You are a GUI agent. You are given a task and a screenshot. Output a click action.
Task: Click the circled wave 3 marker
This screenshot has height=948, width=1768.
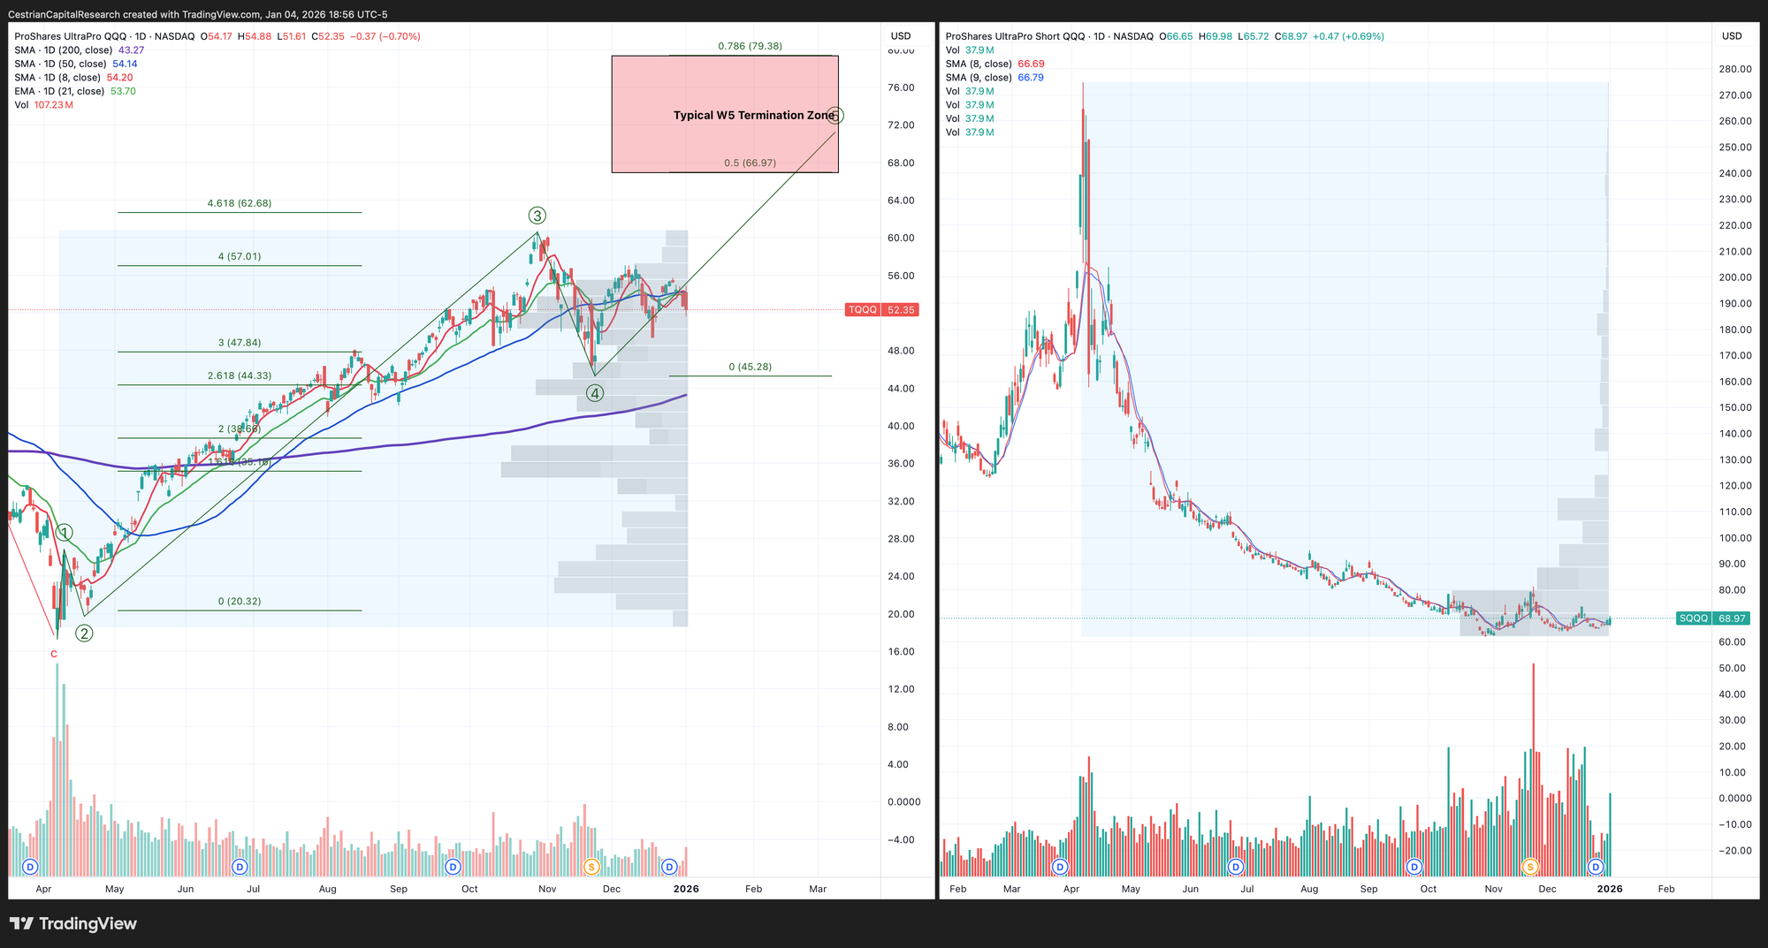click(x=537, y=216)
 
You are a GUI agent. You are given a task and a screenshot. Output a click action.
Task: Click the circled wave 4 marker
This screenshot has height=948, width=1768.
click(x=595, y=393)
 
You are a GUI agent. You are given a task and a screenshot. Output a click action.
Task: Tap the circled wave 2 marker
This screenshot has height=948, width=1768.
click(x=84, y=633)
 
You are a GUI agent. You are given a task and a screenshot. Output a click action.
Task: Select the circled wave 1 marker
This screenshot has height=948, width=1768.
click(x=65, y=533)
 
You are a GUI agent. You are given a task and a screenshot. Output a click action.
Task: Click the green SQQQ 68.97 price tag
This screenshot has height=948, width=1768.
click(x=1712, y=618)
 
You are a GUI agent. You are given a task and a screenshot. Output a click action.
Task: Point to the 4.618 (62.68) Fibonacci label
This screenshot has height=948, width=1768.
click(x=240, y=203)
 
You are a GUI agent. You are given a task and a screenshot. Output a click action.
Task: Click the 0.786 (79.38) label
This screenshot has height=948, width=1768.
click(x=750, y=46)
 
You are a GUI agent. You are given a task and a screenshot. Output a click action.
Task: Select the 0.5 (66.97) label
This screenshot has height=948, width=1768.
click(x=750, y=163)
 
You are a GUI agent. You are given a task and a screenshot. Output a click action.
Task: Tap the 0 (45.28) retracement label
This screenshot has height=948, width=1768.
click(x=750, y=367)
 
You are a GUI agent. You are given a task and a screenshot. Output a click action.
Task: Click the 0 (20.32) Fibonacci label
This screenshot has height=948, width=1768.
click(x=240, y=602)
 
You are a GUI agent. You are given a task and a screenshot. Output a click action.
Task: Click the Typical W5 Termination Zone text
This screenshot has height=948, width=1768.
click(x=753, y=115)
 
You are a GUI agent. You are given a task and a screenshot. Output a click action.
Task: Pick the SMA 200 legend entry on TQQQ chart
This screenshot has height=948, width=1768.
click(x=79, y=50)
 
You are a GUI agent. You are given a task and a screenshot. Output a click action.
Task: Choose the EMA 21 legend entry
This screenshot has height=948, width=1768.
click(x=75, y=91)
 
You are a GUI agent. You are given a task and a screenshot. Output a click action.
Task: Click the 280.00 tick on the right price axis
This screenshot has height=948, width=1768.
click(x=1735, y=69)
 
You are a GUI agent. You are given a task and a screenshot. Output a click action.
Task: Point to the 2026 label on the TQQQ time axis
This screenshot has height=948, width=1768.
click(x=686, y=889)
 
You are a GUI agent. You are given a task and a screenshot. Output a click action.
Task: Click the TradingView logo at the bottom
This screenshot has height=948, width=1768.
click(x=73, y=923)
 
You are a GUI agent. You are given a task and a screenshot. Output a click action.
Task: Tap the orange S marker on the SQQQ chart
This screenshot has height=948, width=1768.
click(x=1530, y=867)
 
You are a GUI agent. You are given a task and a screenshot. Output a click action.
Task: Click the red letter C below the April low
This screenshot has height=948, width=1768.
click(x=54, y=655)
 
